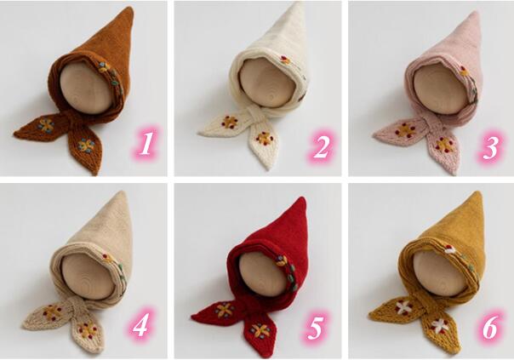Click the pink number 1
click(x=146, y=144)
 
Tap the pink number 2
click(x=321, y=147)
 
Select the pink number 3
click(x=491, y=147)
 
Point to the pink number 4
click(x=141, y=325)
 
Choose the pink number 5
click(x=315, y=328)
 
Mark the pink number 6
click(x=489, y=327)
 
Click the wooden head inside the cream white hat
click(x=266, y=83)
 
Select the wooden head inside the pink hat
click(x=441, y=89)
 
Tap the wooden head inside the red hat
click(x=262, y=275)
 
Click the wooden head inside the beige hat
click(x=88, y=278)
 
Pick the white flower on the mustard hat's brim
click(x=449, y=250)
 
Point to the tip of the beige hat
click(x=123, y=193)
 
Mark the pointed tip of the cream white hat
click(x=298, y=4)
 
